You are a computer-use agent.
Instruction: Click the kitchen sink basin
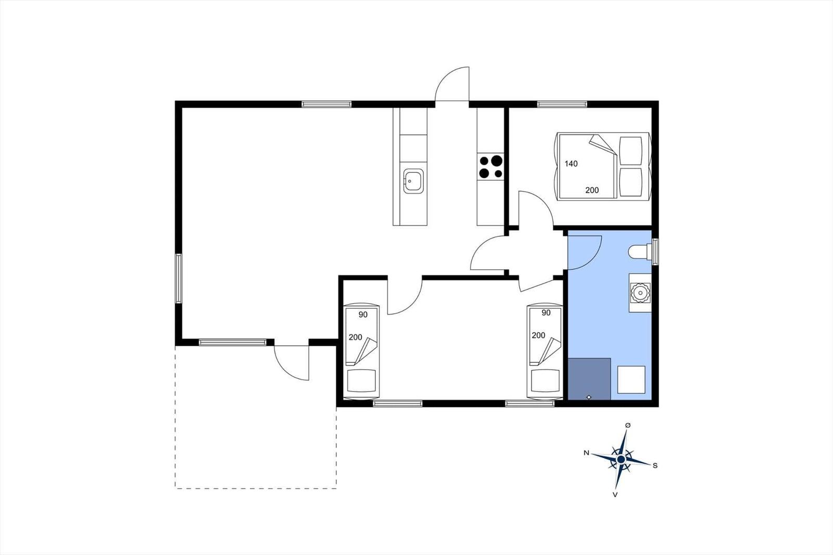pyautogui.click(x=413, y=181)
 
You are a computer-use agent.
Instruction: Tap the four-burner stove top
pyautogui.click(x=490, y=167)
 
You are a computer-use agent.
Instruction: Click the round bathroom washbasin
pyautogui.click(x=640, y=293)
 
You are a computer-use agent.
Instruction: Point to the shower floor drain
pyautogui.click(x=589, y=397)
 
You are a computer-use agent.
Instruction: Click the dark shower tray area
pyautogui.click(x=589, y=379)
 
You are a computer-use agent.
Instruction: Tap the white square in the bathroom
pyautogui.click(x=631, y=380)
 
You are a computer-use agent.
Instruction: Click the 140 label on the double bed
pyautogui.click(x=571, y=163)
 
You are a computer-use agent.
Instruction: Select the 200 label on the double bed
pyautogui.click(x=592, y=191)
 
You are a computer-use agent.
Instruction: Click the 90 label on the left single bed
pyautogui.click(x=363, y=314)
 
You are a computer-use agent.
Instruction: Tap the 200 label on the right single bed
pyautogui.click(x=538, y=335)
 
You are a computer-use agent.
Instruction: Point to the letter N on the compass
pyautogui.click(x=586, y=453)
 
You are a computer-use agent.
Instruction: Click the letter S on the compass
pyautogui.click(x=655, y=465)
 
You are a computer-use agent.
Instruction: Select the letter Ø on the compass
pyautogui.click(x=628, y=425)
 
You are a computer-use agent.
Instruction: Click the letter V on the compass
pyautogui.click(x=615, y=495)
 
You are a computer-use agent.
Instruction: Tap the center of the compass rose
pyautogui.click(x=621, y=460)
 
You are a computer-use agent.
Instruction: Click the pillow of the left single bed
pyautogui.click(x=361, y=381)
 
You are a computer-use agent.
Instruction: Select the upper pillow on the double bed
pyautogui.click(x=630, y=151)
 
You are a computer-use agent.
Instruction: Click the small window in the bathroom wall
pyautogui.click(x=655, y=251)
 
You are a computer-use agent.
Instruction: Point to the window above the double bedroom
pyautogui.click(x=562, y=104)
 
